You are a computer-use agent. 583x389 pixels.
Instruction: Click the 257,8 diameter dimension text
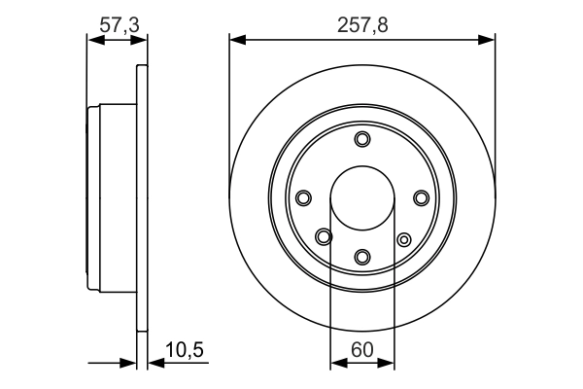pyautogui.click(x=361, y=25)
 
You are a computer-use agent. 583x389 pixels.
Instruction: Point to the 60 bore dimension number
pyautogui.click(x=362, y=348)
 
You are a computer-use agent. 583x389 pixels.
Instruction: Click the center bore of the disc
pyautogui.click(x=362, y=197)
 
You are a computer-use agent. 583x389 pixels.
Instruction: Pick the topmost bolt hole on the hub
pyautogui.click(x=362, y=139)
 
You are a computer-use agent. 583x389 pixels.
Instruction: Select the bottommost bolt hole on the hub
pyautogui.click(x=362, y=257)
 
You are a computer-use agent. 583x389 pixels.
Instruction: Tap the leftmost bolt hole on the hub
pyautogui.click(x=303, y=198)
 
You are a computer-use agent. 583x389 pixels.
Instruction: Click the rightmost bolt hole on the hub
pyautogui.click(x=422, y=198)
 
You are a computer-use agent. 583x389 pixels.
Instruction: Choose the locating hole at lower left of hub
pyautogui.click(x=324, y=235)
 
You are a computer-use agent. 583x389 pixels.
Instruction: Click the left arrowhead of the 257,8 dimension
pyautogui.click(x=236, y=40)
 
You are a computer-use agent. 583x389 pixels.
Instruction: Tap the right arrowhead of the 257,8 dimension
pyautogui.click(x=488, y=40)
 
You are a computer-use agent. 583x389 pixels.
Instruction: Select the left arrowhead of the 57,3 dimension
pyautogui.click(x=93, y=40)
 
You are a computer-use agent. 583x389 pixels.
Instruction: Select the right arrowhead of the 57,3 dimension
pyautogui.click(x=142, y=40)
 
